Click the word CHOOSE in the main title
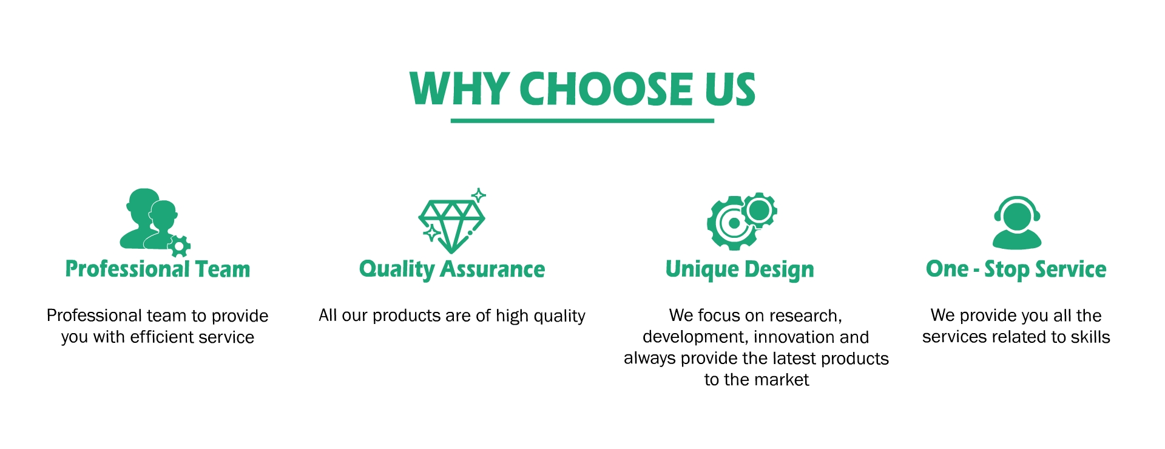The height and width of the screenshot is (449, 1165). [x=606, y=89]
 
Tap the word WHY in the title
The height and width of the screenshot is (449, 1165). [x=459, y=89]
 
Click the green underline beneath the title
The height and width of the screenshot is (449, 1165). [x=582, y=121]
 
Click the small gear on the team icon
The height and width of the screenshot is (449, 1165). [x=179, y=246]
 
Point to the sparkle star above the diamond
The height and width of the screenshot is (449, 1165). [x=479, y=195]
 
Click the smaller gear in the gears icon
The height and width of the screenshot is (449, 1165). [x=759, y=211]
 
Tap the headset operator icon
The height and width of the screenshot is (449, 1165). [x=1017, y=222]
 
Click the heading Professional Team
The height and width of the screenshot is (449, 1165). [x=158, y=269]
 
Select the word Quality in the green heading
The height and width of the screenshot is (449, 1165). [x=397, y=269]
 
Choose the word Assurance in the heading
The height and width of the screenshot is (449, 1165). [x=493, y=269]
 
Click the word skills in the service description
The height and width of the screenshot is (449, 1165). [x=1090, y=337]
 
